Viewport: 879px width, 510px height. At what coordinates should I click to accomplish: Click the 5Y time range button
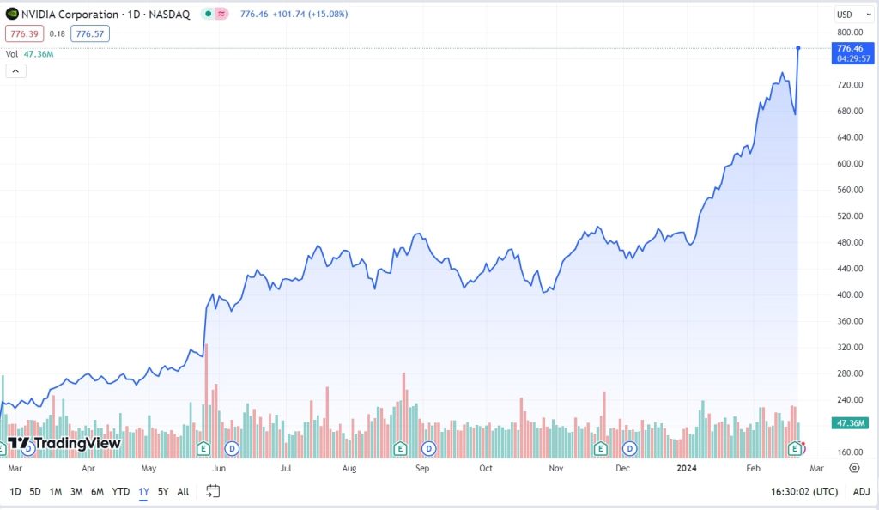pyautogui.click(x=163, y=492)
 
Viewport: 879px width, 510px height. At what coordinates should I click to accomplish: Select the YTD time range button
pyautogui.click(x=121, y=492)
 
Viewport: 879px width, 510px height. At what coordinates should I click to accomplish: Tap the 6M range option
pyautogui.click(x=97, y=492)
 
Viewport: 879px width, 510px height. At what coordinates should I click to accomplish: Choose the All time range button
pyautogui.click(x=183, y=492)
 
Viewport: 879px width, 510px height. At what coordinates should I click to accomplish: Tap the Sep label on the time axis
pyautogui.click(x=421, y=469)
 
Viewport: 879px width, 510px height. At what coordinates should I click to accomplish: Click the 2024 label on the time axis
pyautogui.click(x=686, y=469)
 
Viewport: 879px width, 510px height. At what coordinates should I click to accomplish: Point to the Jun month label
pyautogui.click(x=219, y=469)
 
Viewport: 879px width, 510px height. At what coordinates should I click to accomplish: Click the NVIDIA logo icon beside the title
pyautogui.click(x=12, y=15)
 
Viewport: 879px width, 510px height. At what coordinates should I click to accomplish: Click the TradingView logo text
pyautogui.click(x=64, y=443)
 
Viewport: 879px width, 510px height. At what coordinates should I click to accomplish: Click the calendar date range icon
pyautogui.click(x=213, y=491)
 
